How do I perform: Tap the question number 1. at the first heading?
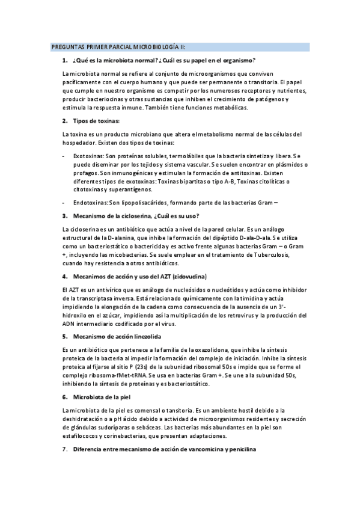tap(64, 60)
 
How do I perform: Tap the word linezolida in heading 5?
tap(144, 336)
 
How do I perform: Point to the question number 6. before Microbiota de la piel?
tap(64, 397)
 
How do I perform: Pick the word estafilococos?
tap(82, 435)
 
